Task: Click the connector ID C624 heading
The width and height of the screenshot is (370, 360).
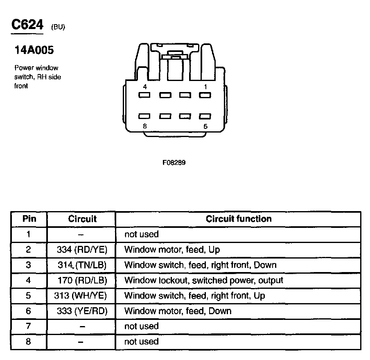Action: [27, 25]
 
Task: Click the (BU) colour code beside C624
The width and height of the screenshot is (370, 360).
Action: [58, 27]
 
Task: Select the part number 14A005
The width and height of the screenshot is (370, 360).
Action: [34, 50]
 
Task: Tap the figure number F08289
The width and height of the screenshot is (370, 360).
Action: [174, 162]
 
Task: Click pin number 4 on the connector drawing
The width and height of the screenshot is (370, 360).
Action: [145, 87]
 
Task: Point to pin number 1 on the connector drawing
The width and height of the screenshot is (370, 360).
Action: [205, 87]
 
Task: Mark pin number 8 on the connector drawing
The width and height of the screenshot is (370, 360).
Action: [145, 126]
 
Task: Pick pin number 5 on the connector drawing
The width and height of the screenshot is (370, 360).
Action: [205, 126]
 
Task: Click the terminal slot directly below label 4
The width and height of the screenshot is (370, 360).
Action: [145, 95]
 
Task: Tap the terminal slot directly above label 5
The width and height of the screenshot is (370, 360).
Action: [205, 116]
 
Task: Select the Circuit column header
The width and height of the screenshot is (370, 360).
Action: [82, 219]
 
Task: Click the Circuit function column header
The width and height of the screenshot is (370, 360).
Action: [239, 219]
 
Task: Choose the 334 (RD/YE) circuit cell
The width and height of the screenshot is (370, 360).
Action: [82, 250]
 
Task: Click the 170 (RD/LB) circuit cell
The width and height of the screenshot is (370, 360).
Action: [82, 280]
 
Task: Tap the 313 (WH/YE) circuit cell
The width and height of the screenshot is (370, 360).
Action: [81, 295]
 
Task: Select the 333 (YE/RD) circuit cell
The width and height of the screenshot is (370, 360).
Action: [82, 311]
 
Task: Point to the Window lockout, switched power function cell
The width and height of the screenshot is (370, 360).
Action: [203, 280]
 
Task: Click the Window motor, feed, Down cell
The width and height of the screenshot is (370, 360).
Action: [178, 311]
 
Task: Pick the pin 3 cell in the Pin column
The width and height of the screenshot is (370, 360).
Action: [28, 265]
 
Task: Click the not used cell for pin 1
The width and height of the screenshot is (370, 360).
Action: [141, 234]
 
